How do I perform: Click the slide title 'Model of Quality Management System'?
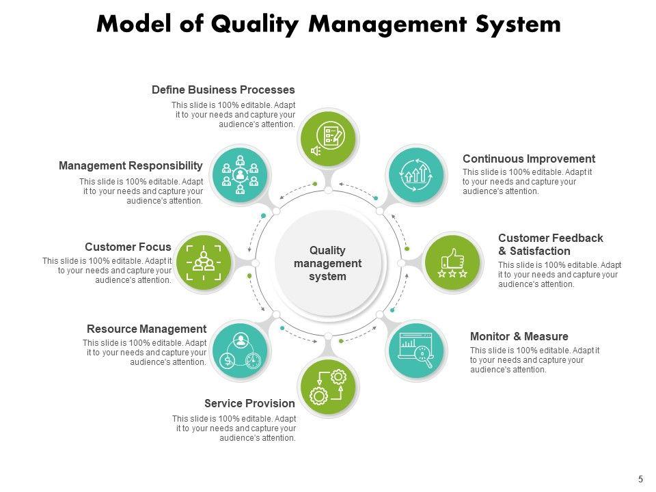(x=328, y=24)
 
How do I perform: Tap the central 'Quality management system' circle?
(x=328, y=263)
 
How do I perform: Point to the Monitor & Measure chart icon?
(x=416, y=351)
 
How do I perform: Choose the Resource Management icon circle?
(x=240, y=351)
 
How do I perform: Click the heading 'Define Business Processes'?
(x=223, y=90)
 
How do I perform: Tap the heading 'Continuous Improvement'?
(x=529, y=159)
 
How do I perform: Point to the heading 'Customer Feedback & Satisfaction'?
(x=551, y=245)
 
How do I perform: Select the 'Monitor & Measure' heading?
(x=519, y=336)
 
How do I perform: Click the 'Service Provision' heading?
(x=250, y=403)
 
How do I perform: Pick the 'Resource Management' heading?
(x=146, y=329)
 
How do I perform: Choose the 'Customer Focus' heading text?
(x=128, y=247)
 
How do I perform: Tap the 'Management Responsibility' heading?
(x=131, y=165)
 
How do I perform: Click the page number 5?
(x=641, y=479)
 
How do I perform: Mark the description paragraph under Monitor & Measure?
(x=535, y=360)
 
